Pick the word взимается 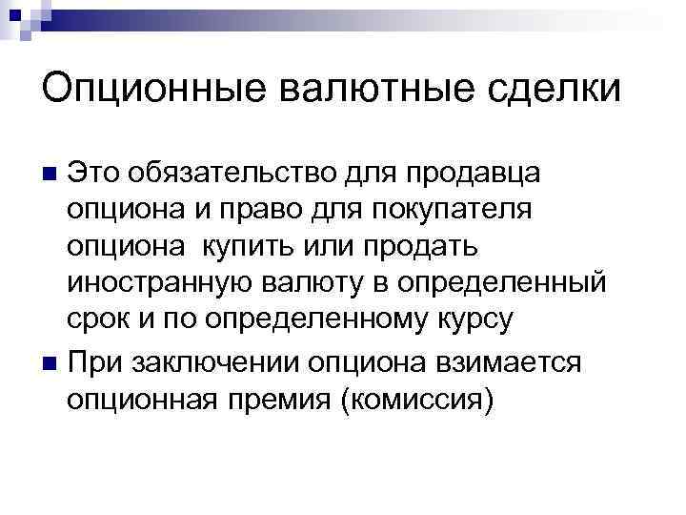pyautogui.click(x=514, y=363)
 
